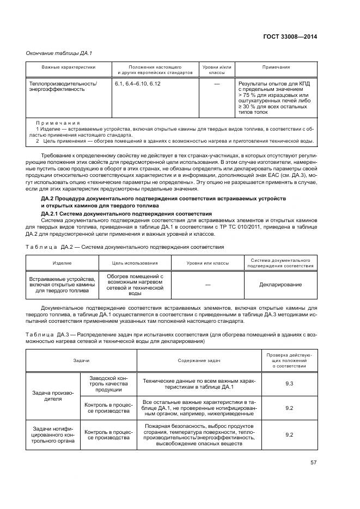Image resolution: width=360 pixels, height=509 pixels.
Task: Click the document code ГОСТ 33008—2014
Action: pos(291,36)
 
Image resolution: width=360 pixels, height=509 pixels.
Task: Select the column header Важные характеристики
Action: pos(69,67)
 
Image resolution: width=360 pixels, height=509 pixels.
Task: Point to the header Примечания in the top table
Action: pos(276,67)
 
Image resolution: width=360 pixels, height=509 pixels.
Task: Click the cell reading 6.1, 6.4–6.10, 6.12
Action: pos(138,84)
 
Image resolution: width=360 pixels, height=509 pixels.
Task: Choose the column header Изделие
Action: pos(62,263)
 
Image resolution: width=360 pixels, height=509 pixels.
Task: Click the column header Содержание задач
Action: pos(199,360)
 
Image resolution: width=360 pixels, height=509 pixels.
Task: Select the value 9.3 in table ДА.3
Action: pos(289,384)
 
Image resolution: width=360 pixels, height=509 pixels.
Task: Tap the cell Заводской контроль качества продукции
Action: pos(108,384)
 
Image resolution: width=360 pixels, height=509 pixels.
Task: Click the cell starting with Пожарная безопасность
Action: pos(199,435)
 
